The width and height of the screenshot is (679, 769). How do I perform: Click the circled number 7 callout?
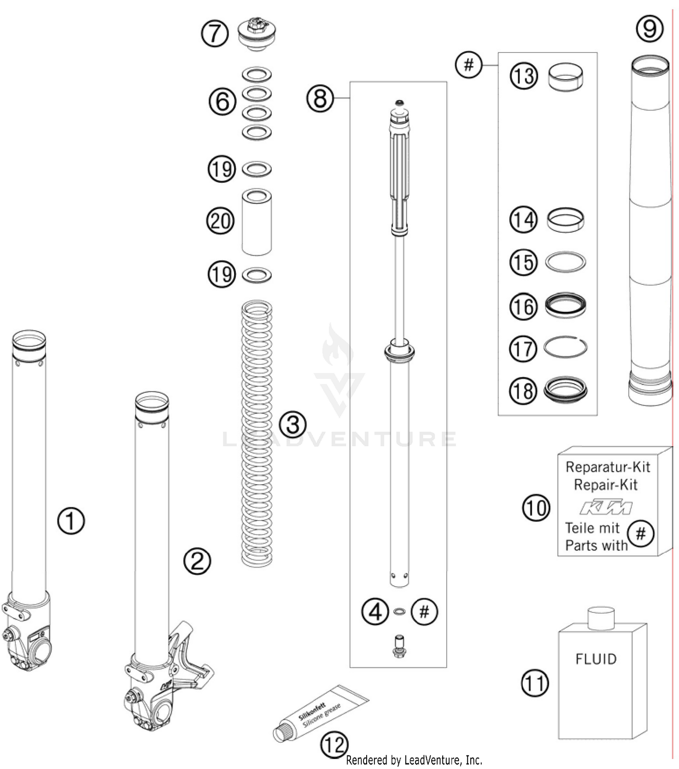pos(215,33)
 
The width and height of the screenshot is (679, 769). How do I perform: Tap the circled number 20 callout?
pos(220,221)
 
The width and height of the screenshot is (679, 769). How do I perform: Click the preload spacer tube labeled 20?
pos(257,222)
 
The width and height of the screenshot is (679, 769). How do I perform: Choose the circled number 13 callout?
pos(524,76)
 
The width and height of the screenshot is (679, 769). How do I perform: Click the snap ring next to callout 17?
pos(565,348)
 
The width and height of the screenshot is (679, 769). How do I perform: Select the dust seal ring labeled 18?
pos(565,390)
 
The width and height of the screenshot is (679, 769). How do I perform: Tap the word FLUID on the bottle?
pos(596,659)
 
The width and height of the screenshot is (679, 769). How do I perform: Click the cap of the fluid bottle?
pos(600,619)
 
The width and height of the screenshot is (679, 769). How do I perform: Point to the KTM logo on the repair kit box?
pos(606,507)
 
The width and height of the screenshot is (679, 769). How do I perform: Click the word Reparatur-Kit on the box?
pos(607,467)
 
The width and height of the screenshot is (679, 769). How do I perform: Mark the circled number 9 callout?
pos(650,29)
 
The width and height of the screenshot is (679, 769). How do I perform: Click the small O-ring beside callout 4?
pos(399,612)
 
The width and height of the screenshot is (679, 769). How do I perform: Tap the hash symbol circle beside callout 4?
pos(424,612)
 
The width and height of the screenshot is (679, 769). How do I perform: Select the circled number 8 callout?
pos(320,98)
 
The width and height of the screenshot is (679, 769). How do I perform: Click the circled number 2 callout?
pos(197,562)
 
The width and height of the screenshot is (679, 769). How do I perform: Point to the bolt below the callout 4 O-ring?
pos(399,646)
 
